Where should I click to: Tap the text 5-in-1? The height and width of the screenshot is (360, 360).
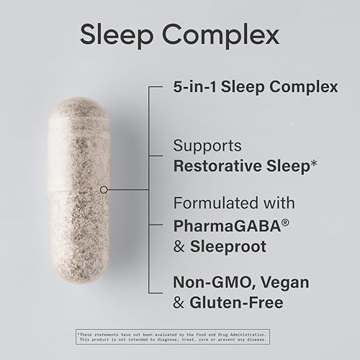194,87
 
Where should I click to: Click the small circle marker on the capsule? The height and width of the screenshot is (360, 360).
104,190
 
